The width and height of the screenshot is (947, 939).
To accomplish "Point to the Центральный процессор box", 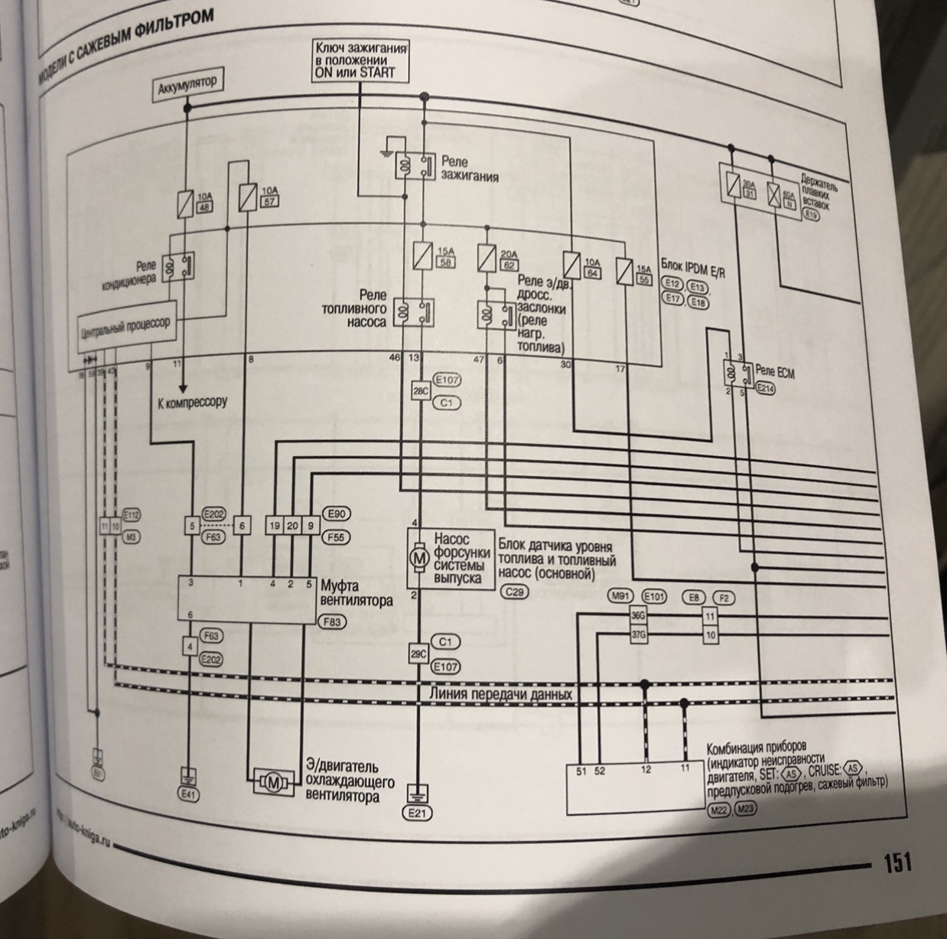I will point(125,327).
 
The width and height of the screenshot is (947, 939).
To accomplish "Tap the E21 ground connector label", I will point(418,812).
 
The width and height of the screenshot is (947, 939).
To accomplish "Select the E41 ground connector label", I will point(187,794).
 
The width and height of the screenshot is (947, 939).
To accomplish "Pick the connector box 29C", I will point(418,654).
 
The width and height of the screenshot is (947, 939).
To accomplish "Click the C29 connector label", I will point(514,592).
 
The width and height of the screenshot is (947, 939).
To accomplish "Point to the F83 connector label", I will point(332,621).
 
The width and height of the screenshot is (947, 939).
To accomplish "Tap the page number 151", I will point(897,862).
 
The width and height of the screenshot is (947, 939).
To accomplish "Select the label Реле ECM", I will point(776,370).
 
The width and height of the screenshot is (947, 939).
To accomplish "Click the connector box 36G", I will point(637,614).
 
